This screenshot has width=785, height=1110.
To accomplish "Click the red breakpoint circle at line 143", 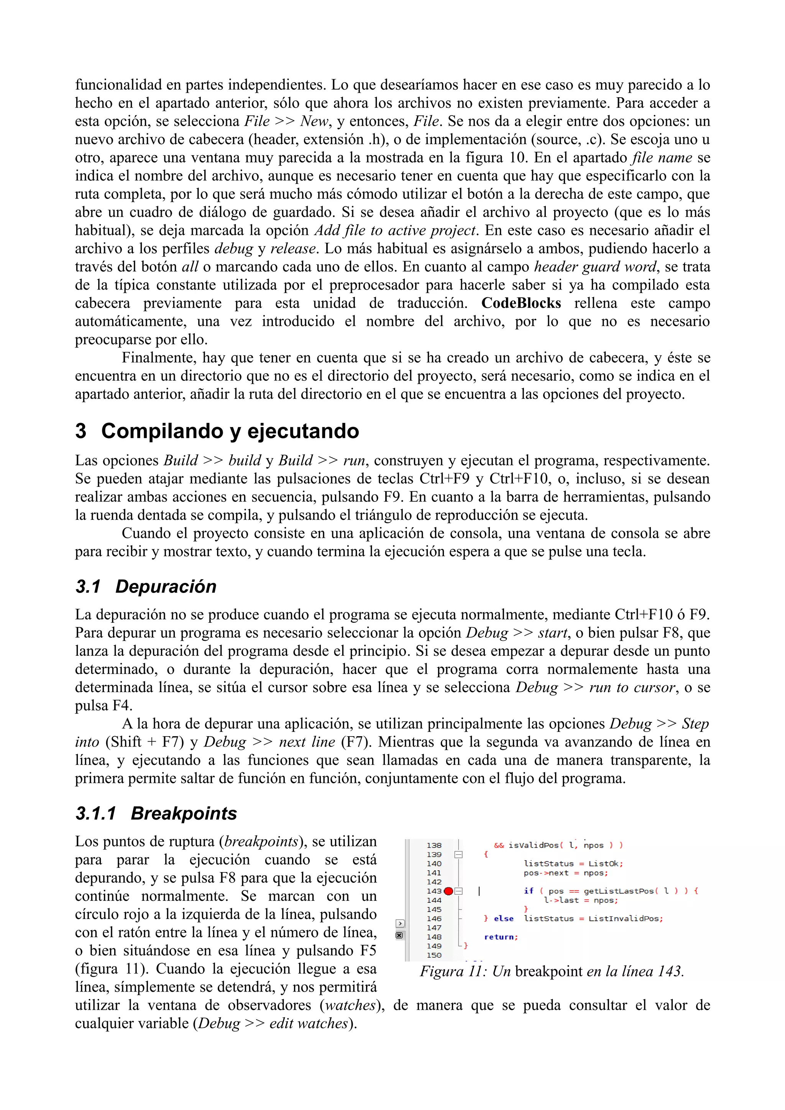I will [x=448, y=891].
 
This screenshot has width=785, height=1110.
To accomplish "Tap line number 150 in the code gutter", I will [x=434, y=955].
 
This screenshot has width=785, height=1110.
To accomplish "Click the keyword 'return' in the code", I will [x=500, y=937].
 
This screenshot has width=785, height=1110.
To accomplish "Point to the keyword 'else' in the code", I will [x=504, y=918].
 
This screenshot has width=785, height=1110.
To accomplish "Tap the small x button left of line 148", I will [x=399, y=935].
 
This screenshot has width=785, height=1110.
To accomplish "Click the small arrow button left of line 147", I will [x=399, y=923].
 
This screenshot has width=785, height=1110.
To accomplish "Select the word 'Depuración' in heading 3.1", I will [x=166, y=586].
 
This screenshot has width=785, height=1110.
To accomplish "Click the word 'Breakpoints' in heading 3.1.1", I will [x=184, y=813].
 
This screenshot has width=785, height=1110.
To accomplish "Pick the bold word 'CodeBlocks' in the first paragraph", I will [x=521, y=303].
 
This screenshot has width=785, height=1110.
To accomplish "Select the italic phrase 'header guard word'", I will [x=595, y=267].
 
